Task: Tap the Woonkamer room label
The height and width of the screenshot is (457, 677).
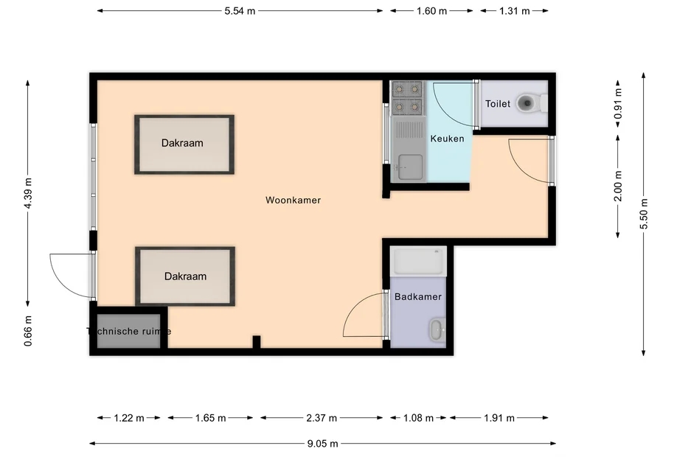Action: click(x=294, y=200)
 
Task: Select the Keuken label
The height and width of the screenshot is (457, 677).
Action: click(x=447, y=139)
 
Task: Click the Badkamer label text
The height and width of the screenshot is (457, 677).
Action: click(x=418, y=297)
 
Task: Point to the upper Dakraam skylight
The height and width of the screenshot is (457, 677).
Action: click(x=184, y=144)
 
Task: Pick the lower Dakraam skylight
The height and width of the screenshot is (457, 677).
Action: click(x=185, y=276)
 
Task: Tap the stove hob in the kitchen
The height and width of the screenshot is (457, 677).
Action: click(x=407, y=98)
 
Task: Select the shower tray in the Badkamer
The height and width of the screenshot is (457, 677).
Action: click(x=419, y=261)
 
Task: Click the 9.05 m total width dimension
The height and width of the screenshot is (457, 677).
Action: click(x=323, y=444)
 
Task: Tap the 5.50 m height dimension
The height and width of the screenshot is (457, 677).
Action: click(x=644, y=214)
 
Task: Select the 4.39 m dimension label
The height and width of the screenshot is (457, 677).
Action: click(x=28, y=194)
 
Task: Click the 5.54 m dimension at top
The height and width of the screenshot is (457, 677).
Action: click(x=240, y=11)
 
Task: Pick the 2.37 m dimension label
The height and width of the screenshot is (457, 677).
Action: click(x=321, y=418)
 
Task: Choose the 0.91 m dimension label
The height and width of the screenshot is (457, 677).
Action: click(x=618, y=104)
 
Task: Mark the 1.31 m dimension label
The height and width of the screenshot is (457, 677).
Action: click(x=514, y=11)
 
